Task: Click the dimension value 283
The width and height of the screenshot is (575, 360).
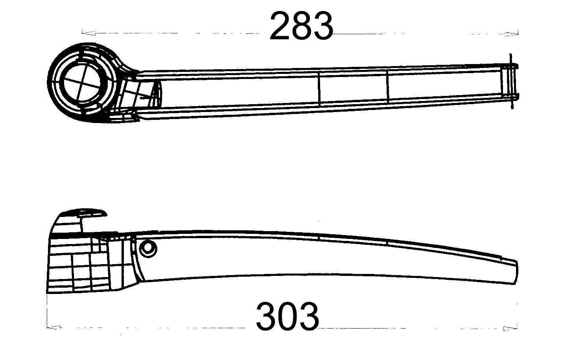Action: point(301,26)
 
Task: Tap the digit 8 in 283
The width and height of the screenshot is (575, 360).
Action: point(301,26)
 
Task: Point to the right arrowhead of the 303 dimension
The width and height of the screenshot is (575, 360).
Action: point(511,329)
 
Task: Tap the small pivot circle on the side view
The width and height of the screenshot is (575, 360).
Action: point(148,248)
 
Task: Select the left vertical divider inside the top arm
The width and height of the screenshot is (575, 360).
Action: point(319,89)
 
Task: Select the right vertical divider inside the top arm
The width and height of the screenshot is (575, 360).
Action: point(387,87)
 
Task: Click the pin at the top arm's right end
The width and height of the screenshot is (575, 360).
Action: point(511,81)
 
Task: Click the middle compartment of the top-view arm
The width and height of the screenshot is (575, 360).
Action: point(353,87)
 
